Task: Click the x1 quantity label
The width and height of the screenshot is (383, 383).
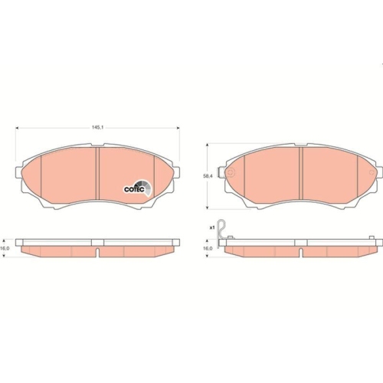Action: tap(211, 228)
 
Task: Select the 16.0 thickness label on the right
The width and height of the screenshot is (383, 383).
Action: tap(208, 249)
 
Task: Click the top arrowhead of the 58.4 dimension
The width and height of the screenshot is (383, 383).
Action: tap(212, 146)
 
